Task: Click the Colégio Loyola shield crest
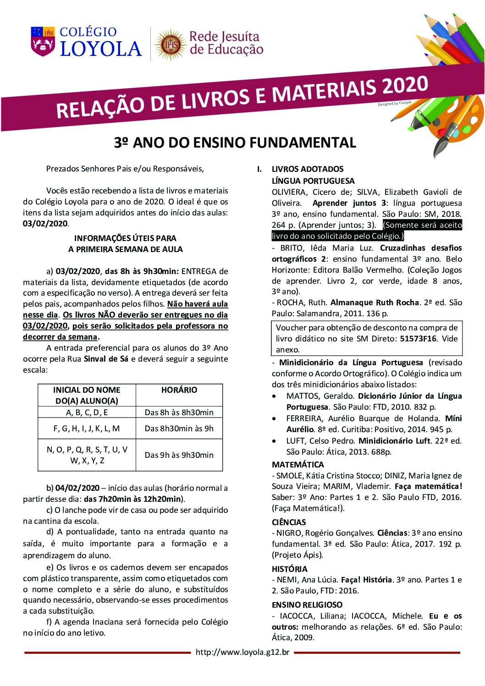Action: click(x=42, y=41)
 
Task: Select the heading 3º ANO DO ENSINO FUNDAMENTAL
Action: click(x=235, y=143)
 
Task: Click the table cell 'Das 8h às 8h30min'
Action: click(x=179, y=412)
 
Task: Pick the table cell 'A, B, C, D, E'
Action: click(x=87, y=412)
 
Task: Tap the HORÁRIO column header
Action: click(x=179, y=390)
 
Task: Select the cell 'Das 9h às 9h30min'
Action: click(x=179, y=455)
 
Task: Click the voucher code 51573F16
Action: click(x=419, y=339)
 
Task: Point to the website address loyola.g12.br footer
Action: click(x=242, y=652)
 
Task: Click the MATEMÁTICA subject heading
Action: click(x=298, y=464)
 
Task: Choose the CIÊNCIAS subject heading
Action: click(x=289, y=522)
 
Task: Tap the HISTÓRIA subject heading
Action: click(x=290, y=569)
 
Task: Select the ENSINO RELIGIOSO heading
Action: click(x=307, y=605)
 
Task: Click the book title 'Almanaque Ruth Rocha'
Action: click(x=375, y=302)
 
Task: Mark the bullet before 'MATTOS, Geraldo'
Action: click(x=274, y=396)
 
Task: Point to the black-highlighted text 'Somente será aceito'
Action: click(x=422, y=225)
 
